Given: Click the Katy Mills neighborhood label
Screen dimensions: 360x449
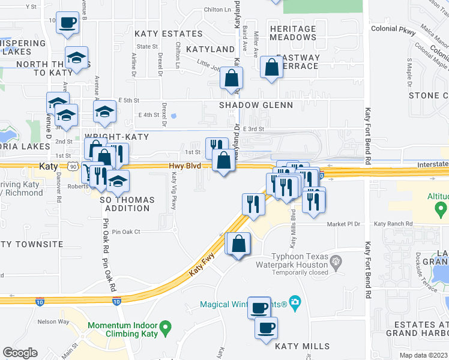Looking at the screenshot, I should (x=302, y=346).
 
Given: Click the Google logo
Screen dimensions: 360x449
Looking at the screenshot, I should (x=20, y=353).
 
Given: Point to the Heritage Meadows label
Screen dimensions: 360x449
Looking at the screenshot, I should (x=293, y=33).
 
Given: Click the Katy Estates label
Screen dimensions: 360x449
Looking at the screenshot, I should (x=168, y=34).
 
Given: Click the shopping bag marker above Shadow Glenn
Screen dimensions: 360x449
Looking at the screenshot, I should (x=231, y=78).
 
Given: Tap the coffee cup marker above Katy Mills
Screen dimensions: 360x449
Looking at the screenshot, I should (x=266, y=328).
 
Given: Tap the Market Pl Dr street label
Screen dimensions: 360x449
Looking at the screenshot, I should (x=343, y=224).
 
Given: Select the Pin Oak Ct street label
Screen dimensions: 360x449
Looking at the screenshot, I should (x=125, y=231).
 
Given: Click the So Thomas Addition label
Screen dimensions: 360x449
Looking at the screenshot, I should (x=127, y=204).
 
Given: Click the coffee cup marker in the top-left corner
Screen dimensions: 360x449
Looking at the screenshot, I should (x=67, y=23).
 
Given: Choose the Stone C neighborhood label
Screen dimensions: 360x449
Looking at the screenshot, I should (x=428, y=95).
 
